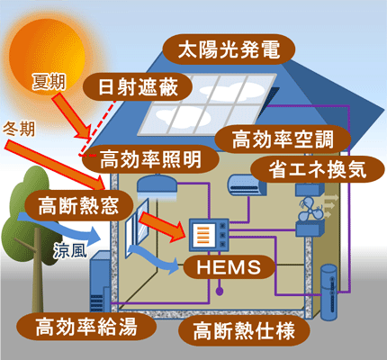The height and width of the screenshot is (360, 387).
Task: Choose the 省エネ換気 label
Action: pyautogui.click(x=308, y=168)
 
